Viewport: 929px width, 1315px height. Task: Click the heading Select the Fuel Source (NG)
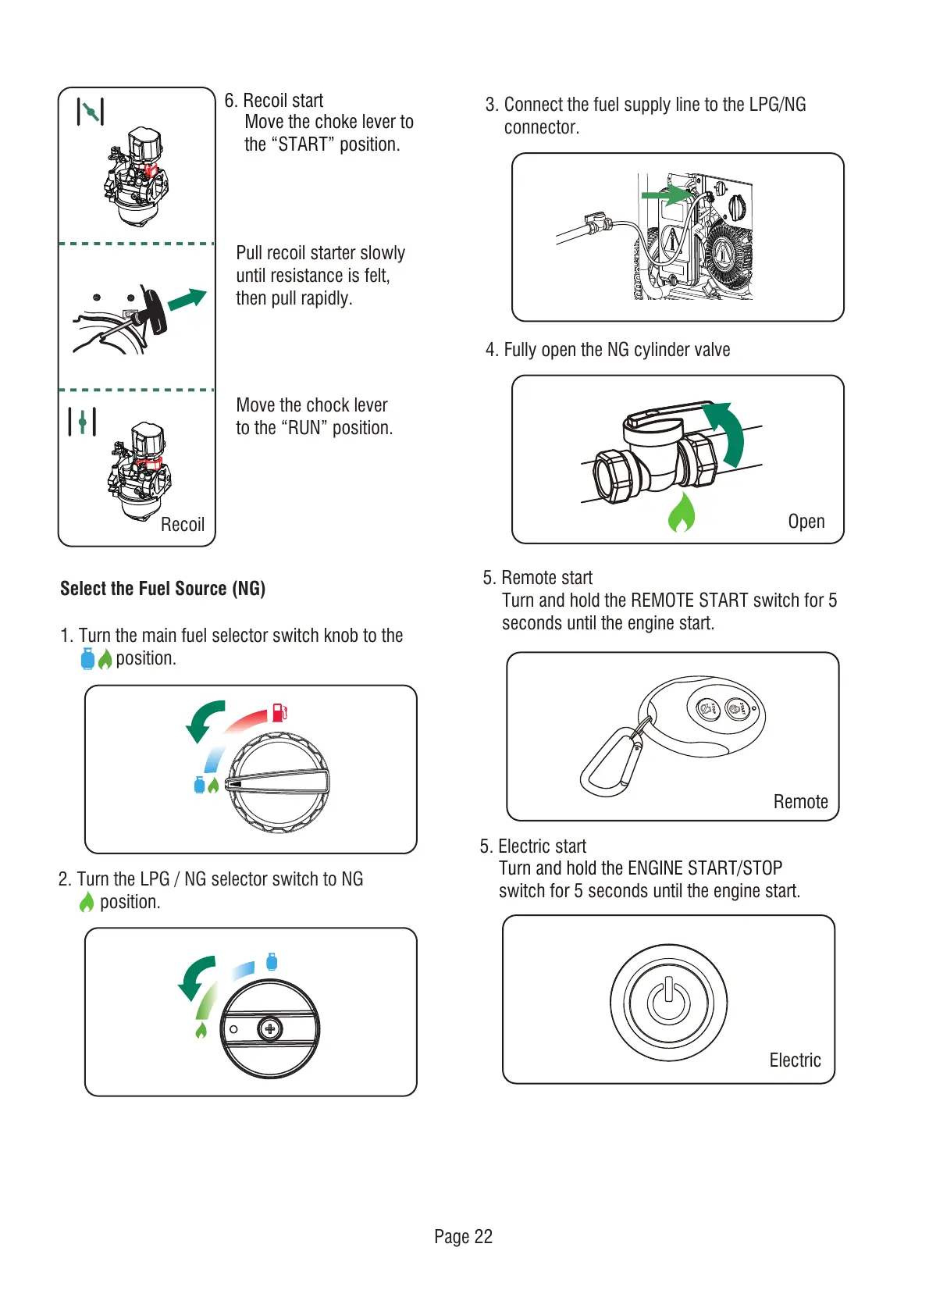162,589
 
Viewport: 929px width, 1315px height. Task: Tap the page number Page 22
463,1236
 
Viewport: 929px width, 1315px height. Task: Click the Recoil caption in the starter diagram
183,525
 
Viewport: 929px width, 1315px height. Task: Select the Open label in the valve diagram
806,522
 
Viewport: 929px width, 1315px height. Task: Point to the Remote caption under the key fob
800,802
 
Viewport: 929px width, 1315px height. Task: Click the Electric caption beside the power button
795,1060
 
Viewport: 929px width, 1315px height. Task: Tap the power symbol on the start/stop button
668,1002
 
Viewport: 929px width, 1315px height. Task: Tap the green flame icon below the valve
682,513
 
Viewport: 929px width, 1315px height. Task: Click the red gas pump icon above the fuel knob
279,712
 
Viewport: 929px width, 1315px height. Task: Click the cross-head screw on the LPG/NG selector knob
270,1029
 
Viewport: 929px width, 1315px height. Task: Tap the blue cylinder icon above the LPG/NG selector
272,961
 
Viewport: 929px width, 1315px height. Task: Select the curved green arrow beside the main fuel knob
205,719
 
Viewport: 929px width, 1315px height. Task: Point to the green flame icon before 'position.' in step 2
87,903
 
